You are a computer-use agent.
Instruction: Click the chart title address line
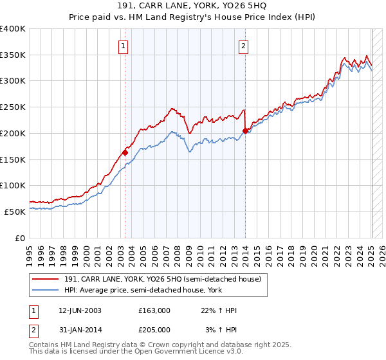tap(193, 6)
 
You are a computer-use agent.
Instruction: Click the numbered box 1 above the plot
tap(123, 46)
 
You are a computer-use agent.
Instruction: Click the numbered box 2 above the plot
tap(244, 46)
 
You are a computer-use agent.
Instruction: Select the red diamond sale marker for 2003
tap(125, 152)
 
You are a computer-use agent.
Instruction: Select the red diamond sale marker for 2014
tap(245, 130)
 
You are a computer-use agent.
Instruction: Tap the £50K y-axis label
tap(15, 212)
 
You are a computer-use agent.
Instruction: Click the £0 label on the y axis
tap(21, 238)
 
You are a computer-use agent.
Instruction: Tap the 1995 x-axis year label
tap(30, 250)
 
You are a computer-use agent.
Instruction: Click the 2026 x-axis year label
tap(382, 250)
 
